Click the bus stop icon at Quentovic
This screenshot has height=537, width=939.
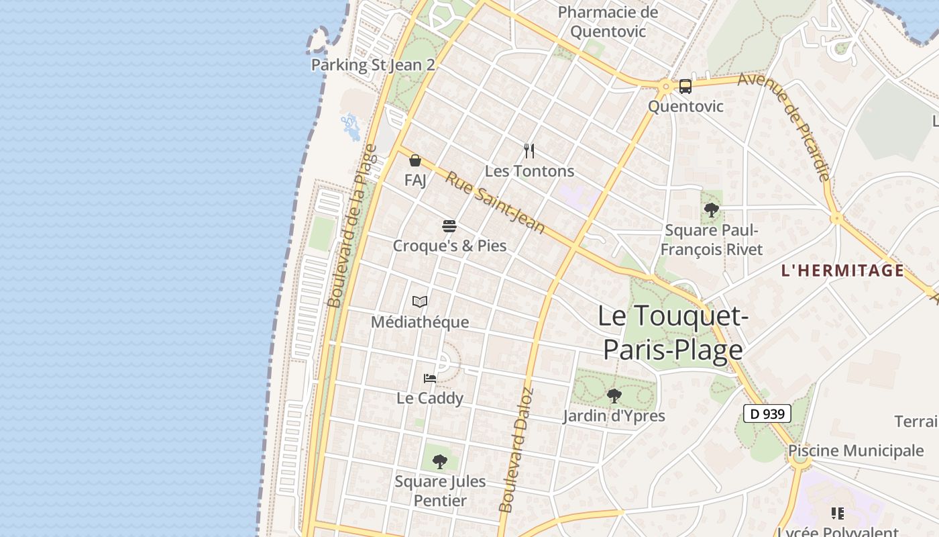point(685,86)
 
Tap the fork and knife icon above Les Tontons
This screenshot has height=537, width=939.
point(529,151)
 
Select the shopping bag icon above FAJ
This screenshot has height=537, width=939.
point(415,160)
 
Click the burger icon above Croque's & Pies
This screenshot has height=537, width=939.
point(449,226)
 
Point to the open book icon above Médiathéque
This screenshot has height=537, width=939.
point(420,302)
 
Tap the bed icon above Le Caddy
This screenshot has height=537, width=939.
point(430,379)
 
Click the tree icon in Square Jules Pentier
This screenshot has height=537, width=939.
point(440,461)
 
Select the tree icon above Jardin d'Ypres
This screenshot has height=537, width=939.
point(614,396)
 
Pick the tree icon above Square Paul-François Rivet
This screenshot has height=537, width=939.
point(712,211)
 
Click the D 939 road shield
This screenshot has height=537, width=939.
point(767,413)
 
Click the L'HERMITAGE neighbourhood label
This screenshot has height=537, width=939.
point(842,271)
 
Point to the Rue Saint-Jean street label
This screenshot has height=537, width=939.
point(495,202)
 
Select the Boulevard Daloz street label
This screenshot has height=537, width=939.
point(516,450)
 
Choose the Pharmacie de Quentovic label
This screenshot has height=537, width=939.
point(608,21)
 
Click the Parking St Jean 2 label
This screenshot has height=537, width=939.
point(373,65)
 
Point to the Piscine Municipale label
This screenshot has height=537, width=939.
point(856,450)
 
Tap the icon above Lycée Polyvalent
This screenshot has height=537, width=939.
point(838,514)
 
